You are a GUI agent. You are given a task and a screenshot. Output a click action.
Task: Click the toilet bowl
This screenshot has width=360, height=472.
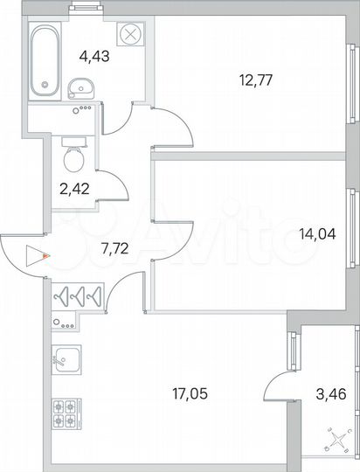[x=73, y=158]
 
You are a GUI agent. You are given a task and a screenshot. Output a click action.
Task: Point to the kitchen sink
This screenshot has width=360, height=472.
[x=65, y=357]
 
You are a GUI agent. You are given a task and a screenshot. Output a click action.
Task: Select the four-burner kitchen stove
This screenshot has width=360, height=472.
[x=65, y=412]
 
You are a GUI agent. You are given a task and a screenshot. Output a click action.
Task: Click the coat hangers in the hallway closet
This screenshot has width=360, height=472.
[x=80, y=296]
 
